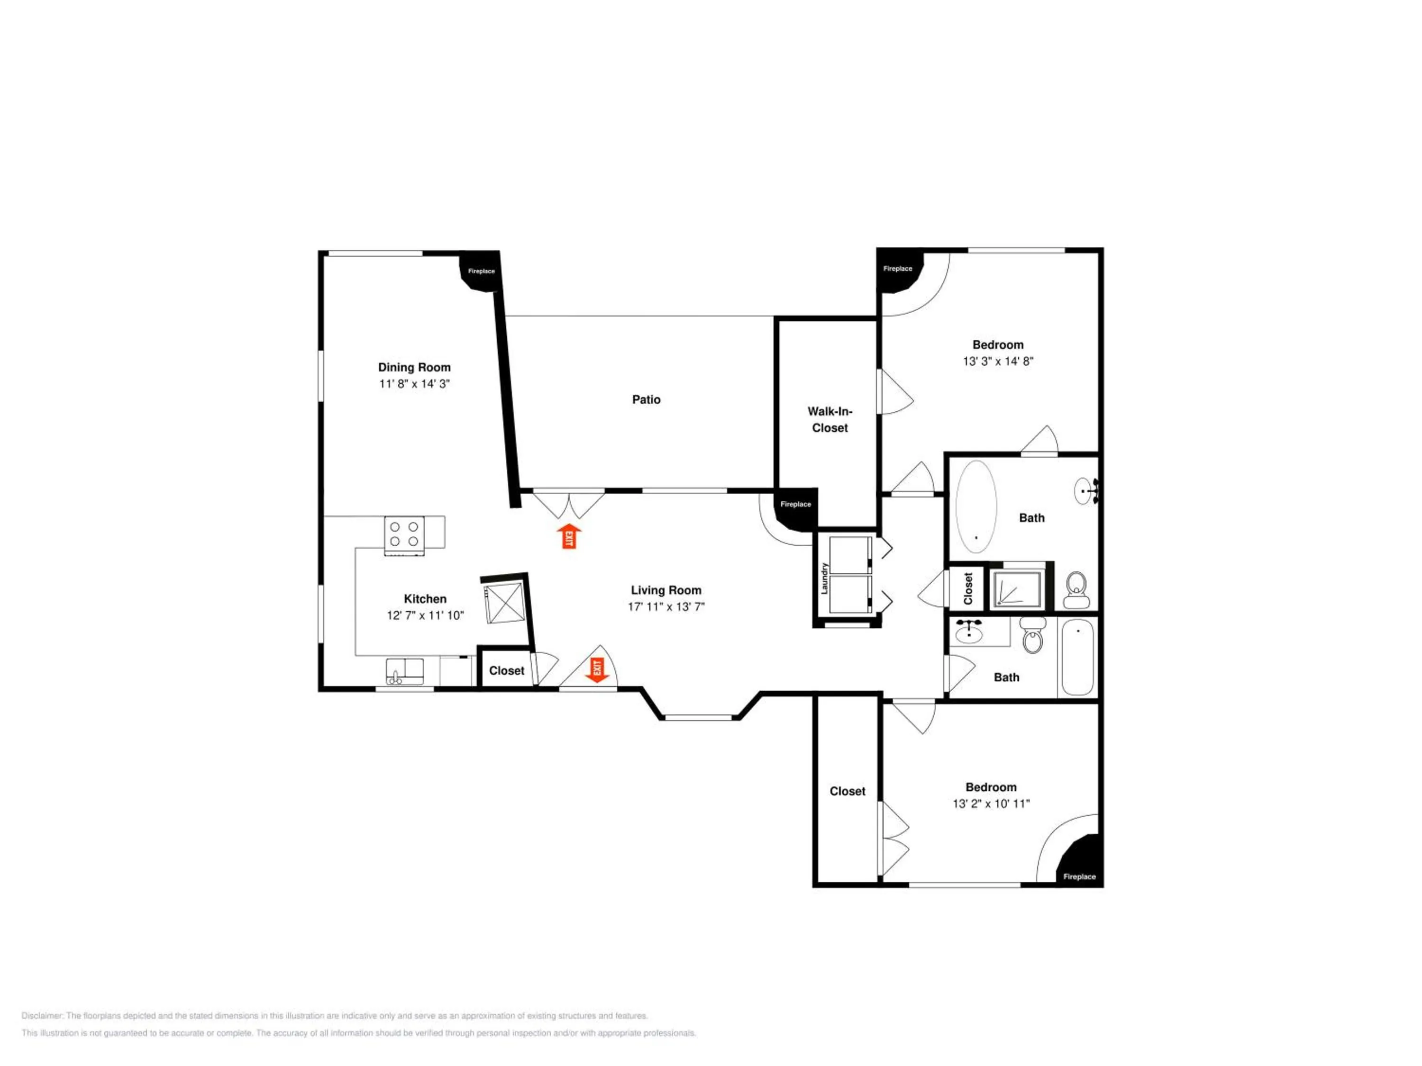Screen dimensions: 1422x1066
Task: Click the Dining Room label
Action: [x=414, y=368]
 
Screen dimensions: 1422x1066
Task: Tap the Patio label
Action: [x=646, y=400]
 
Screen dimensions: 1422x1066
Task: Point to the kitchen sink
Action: [x=404, y=671]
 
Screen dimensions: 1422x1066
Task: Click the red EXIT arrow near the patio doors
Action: [x=569, y=536]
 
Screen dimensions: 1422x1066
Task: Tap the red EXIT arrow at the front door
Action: [x=597, y=671]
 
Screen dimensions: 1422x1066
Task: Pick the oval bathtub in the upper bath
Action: [x=976, y=506]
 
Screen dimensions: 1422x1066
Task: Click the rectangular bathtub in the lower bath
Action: [x=1077, y=657]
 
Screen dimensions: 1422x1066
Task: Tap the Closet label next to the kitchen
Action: [x=507, y=671]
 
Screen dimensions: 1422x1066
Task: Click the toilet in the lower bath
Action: [x=1033, y=635]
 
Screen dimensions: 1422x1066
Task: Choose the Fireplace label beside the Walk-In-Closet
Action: [x=796, y=505]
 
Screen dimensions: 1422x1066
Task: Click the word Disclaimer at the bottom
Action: [x=43, y=1016]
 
